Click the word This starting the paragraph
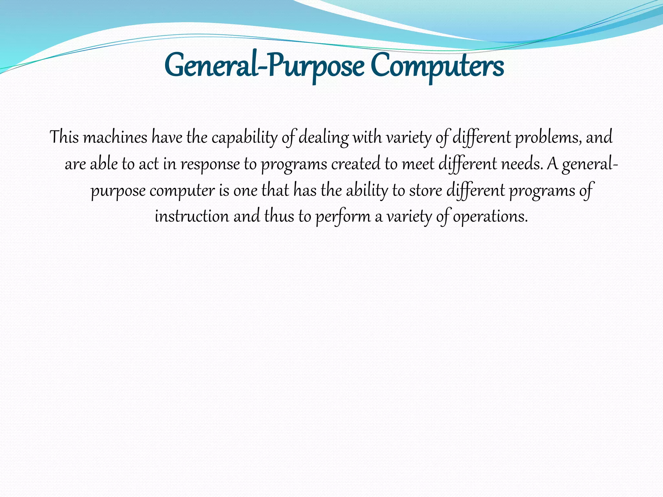pos(64,137)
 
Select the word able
pos(104,164)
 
